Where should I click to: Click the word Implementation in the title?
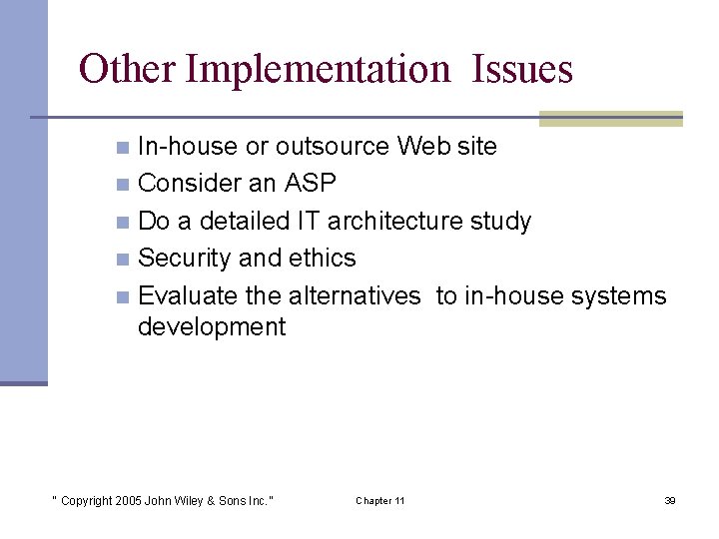click(x=319, y=70)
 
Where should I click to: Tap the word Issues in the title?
click(x=522, y=69)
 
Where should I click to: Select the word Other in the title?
click(x=127, y=69)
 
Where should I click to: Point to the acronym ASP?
click(x=310, y=183)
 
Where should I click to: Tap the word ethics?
click(x=322, y=258)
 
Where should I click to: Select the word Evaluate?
click(x=188, y=295)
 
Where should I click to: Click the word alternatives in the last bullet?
click(x=355, y=295)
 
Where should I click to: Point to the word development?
click(x=212, y=326)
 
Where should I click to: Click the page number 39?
click(x=669, y=500)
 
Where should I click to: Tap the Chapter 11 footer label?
click(x=380, y=500)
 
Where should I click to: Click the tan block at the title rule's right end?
click(x=610, y=119)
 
